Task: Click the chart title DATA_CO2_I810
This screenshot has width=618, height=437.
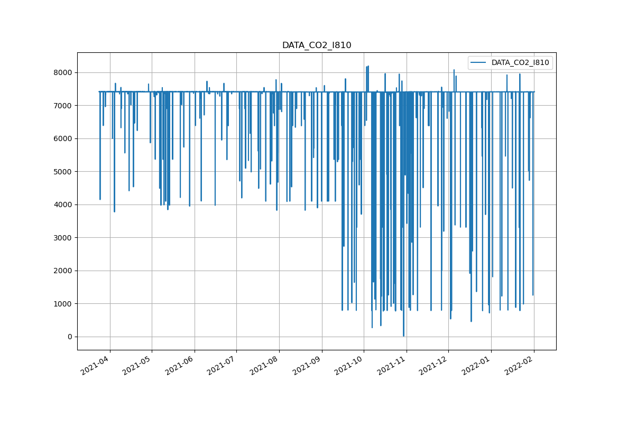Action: [x=316, y=45]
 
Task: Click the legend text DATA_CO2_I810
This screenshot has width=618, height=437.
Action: [x=520, y=62]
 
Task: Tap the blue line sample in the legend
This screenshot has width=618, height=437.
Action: [x=479, y=62]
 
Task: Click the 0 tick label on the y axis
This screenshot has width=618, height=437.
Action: [x=69, y=337]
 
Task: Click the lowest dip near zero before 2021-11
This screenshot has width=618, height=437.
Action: [x=403, y=335]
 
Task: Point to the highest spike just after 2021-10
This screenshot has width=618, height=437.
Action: [x=368, y=67]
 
